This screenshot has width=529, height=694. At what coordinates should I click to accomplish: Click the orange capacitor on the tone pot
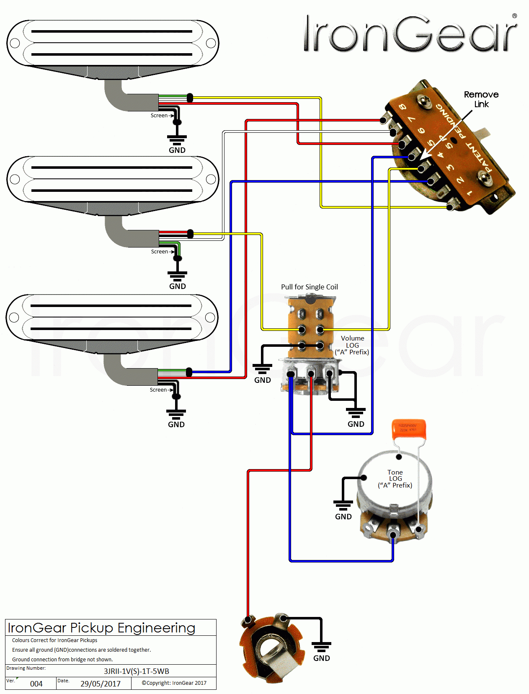click(409, 429)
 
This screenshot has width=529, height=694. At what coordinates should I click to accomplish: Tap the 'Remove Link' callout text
click(481, 99)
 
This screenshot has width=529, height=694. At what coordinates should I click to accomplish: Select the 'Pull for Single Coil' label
click(309, 287)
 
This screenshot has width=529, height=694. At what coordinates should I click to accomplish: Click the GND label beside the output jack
click(322, 658)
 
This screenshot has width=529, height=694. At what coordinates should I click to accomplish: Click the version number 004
click(36, 684)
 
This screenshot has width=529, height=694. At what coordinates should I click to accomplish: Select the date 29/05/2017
click(101, 684)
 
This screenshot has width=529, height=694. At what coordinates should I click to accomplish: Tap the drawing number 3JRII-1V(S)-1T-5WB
click(137, 671)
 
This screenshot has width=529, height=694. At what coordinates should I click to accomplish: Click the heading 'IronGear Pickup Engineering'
click(101, 628)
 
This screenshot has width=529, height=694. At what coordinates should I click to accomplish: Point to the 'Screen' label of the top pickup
click(159, 116)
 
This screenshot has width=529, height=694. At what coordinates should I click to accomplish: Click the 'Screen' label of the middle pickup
click(159, 252)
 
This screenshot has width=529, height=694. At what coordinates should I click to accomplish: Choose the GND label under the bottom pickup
click(176, 424)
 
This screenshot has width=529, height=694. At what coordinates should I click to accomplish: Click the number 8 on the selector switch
click(403, 107)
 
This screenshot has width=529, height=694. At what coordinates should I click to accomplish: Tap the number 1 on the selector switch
click(470, 193)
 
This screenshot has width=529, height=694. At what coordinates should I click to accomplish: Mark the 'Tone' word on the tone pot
click(395, 472)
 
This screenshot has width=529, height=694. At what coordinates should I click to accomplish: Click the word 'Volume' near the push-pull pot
click(352, 338)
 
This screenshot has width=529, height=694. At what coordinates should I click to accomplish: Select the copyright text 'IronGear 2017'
click(174, 683)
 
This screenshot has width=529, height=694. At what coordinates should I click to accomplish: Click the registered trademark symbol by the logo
click(514, 16)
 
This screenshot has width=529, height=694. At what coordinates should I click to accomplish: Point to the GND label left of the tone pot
click(343, 516)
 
